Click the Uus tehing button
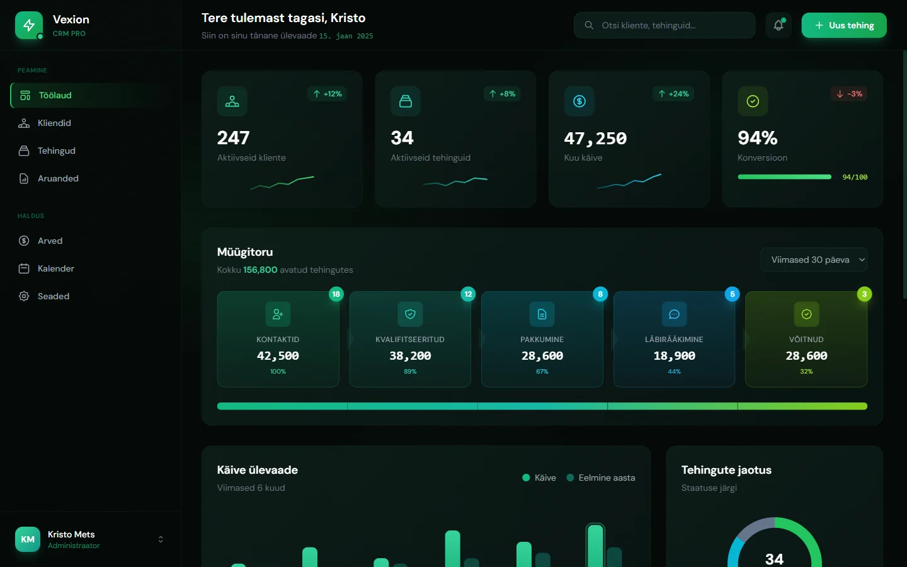[843, 25]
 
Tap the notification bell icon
[779, 25]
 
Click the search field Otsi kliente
[664, 25]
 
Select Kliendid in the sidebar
[54, 123]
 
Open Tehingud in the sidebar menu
[56, 151]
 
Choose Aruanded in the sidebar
[58, 178]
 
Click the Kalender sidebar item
[55, 268]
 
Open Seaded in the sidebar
[53, 296]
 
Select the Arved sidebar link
[50, 241]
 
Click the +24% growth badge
[673, 94]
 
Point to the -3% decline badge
[849, 94]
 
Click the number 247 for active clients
[234, 138]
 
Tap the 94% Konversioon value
[757, 138]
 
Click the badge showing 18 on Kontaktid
[336, 294]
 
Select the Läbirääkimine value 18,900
[674, 356]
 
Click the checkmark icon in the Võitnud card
[806, 314]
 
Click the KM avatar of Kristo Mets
[28, 539]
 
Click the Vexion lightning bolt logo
[29, 25]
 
